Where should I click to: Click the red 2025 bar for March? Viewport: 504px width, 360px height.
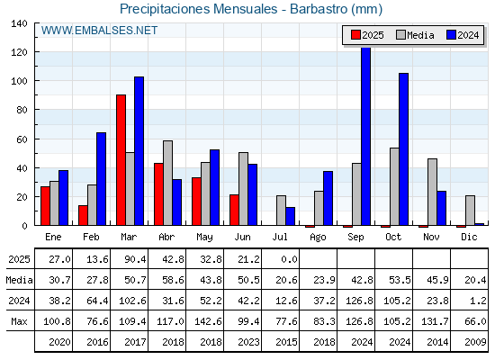(121, 160)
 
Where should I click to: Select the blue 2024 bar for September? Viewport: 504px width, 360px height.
(365, 136)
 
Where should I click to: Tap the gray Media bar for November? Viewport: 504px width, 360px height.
(432, 192)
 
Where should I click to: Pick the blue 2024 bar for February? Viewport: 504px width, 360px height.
(101, 179)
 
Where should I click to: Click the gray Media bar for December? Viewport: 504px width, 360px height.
(470, 211)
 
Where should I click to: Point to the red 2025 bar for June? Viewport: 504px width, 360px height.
(234, 210)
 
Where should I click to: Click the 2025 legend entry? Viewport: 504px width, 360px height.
(367, 35)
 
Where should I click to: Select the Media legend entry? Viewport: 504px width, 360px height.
(415, 35)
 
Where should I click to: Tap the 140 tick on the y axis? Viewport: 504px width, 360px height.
(19, 23)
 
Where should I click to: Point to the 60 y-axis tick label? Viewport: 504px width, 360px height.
(22, 139)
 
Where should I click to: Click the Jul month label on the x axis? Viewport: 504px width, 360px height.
(280, 237)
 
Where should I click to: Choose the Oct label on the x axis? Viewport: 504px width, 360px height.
(393, 237)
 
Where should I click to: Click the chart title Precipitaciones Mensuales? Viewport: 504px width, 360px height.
(199, 9)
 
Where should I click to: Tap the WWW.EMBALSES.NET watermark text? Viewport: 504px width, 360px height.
(99, 31)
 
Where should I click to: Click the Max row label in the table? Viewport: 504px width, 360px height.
(19, 321)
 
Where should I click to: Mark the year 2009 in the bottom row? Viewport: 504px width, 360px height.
(475, 342)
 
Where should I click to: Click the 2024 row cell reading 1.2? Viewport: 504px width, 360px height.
(478, 301)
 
